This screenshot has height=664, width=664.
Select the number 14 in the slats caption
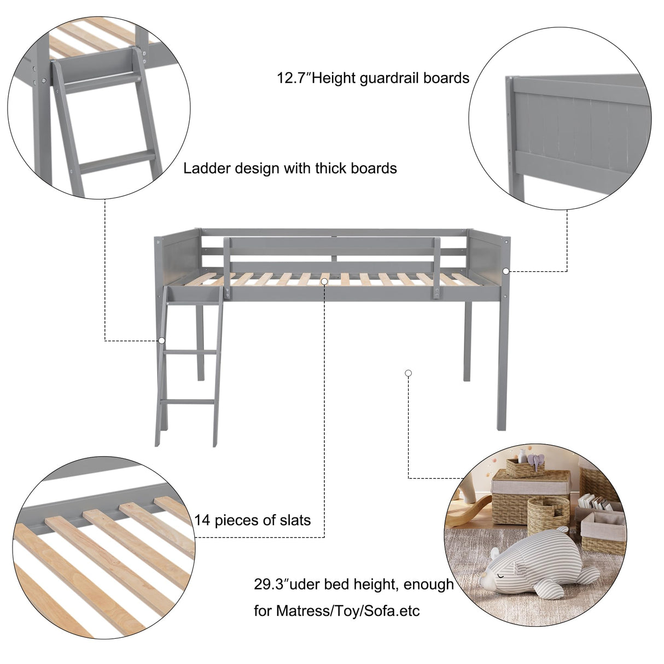point(202,520)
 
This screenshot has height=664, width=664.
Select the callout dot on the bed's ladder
point(162,340)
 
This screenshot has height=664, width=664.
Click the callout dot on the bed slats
point(324,281)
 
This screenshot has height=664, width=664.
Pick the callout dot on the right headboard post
point(506,271)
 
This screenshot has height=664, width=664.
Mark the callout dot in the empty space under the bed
point(408,373)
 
